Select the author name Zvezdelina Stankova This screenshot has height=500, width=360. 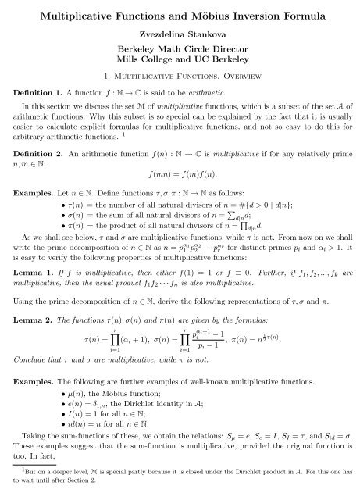[x=180, y=35]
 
